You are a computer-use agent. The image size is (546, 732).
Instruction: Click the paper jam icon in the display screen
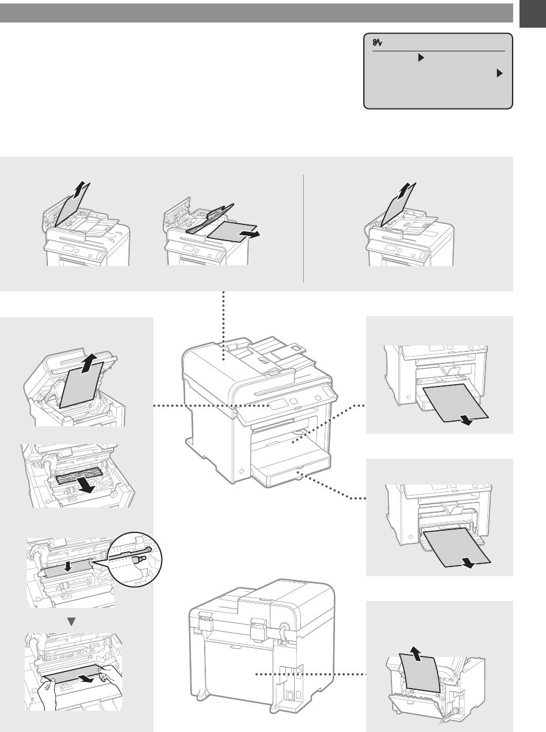379,42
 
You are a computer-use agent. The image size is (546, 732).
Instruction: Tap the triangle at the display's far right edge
499,74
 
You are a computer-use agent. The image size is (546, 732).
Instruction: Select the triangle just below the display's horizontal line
421,58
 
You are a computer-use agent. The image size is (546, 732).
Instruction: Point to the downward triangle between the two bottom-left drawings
72,621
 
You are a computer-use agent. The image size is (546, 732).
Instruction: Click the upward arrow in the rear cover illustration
414,654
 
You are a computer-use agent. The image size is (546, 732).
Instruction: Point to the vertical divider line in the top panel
303,229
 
